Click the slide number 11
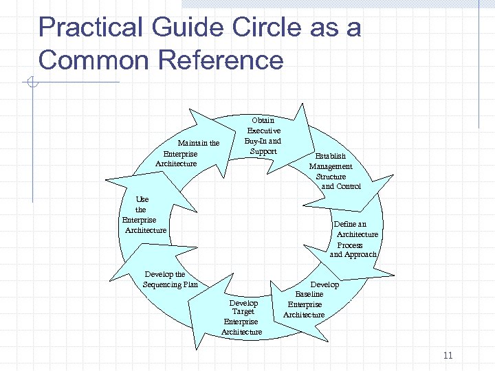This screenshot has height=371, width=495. [x=448, y=355]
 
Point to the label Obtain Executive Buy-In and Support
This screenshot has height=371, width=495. [x=263, y=136]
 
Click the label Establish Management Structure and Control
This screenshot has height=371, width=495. [x=334, y=171]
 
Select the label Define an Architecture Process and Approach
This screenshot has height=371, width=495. [x=353, y=239]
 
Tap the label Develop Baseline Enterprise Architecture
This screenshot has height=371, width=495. [x=305, y=300]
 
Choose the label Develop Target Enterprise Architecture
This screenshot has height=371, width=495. [x=242, y=317]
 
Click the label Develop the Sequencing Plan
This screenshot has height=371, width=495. [x=170, y=280]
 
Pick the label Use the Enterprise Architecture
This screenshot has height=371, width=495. [x=144, y=214]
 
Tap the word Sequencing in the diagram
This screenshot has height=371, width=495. [x=162, y=284]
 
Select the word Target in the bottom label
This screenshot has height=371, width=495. [x=243, y=312]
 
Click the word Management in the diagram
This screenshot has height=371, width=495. [x=331, y=166]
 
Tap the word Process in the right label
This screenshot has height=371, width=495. [x=350, y=245]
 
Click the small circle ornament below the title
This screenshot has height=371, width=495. [x=31, y=83]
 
